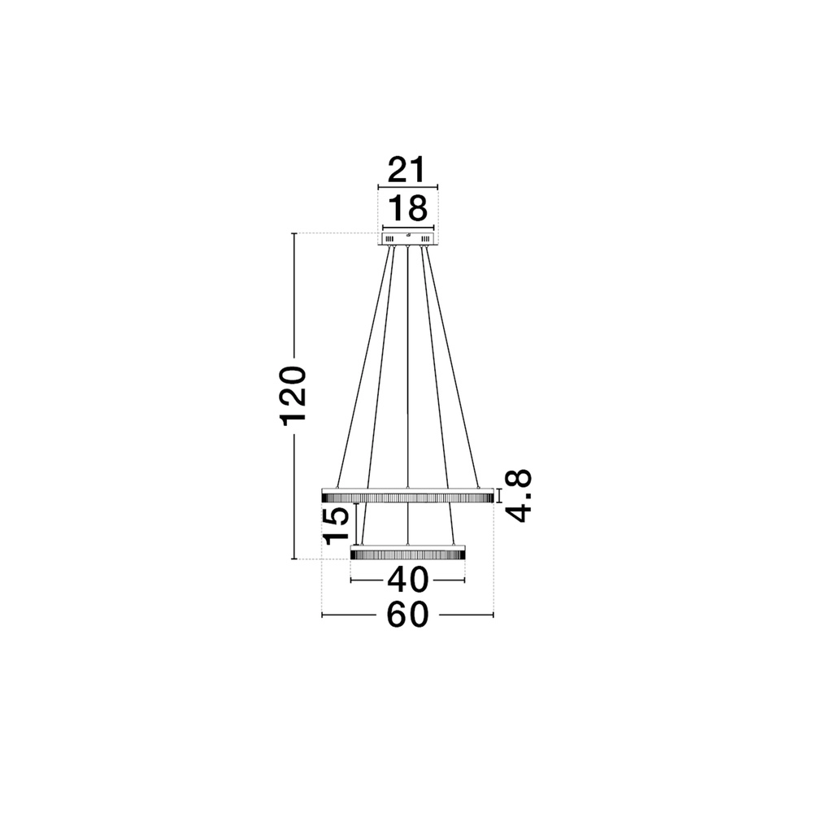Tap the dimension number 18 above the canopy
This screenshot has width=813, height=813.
pyautogui.click(x=407, y=209)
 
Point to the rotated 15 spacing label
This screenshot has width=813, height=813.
pyautogui.click(x=337, y=525)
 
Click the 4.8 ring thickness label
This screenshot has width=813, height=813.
pyautogui.click(x=519, y=495)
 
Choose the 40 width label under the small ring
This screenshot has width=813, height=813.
pyautogui.click(x=407, y=580)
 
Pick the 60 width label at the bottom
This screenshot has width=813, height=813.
pyautogui.click(x=407, y=615)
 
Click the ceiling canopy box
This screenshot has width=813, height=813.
pyautogui.click(x=407, y=238)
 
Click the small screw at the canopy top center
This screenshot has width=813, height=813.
pyautogui.click(x=407, y=233)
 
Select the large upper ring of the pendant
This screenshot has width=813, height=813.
pyautogui.click(x=407, y=495)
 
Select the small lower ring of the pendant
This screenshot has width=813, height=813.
pyautogui.click(x=407, y=553)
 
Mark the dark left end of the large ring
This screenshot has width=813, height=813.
pyautogui.click(x=328, y=495)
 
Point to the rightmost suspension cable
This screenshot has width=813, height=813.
pyautogui.click(x=452, y=366)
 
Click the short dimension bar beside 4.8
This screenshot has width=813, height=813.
pyautogui.click(x=499, y=495)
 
